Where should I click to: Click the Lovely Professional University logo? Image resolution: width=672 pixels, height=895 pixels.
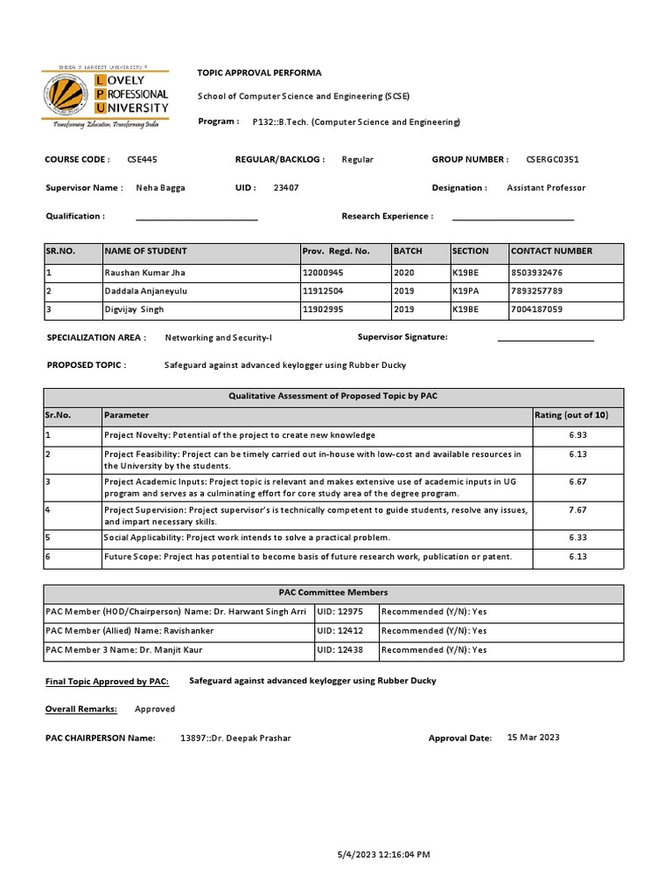point(106,97)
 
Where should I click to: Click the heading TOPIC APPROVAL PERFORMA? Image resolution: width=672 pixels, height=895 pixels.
point(260,73)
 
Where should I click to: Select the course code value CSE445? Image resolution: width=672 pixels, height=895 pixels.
point(143,160)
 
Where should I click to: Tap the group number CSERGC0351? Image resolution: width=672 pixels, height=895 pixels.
point(552,160)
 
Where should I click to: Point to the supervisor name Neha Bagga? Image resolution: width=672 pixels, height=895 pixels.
point(160,188)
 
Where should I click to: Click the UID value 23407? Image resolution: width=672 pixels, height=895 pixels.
point(286,188)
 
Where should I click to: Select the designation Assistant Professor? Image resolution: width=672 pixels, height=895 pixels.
point(546,188)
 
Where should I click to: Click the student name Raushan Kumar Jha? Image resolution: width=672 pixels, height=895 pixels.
point(144,273)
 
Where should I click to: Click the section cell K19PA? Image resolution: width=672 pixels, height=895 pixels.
point(465,291)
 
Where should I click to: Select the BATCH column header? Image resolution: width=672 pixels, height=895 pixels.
point(408,251)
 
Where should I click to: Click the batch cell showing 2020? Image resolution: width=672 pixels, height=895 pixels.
point(403,273)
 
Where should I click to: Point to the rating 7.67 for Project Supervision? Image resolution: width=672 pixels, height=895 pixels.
point(577,510)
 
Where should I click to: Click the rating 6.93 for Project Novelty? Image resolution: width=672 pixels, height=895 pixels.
point(577,435)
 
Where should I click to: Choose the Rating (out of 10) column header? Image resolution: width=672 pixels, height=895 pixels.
point(577,415)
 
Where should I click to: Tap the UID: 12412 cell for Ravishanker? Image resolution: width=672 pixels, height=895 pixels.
point(340,631)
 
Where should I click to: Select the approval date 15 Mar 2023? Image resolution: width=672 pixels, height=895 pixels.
point(533,738)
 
